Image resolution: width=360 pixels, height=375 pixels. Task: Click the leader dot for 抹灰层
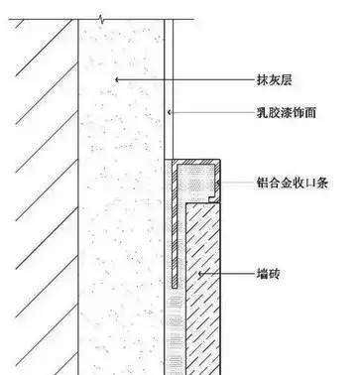[x=116, y=78]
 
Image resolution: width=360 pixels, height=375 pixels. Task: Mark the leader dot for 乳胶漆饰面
[x=170, y=114]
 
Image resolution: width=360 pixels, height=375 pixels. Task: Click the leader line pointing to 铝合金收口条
[x=236, y=184]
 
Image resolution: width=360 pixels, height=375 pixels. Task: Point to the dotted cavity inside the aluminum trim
[x=195, y=182]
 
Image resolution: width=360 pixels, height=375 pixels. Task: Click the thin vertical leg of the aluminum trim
[x=175, y=238]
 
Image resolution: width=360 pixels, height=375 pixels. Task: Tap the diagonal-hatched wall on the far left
[x=35, y=198]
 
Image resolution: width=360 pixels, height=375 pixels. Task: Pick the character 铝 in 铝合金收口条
[x=261, y=184]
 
